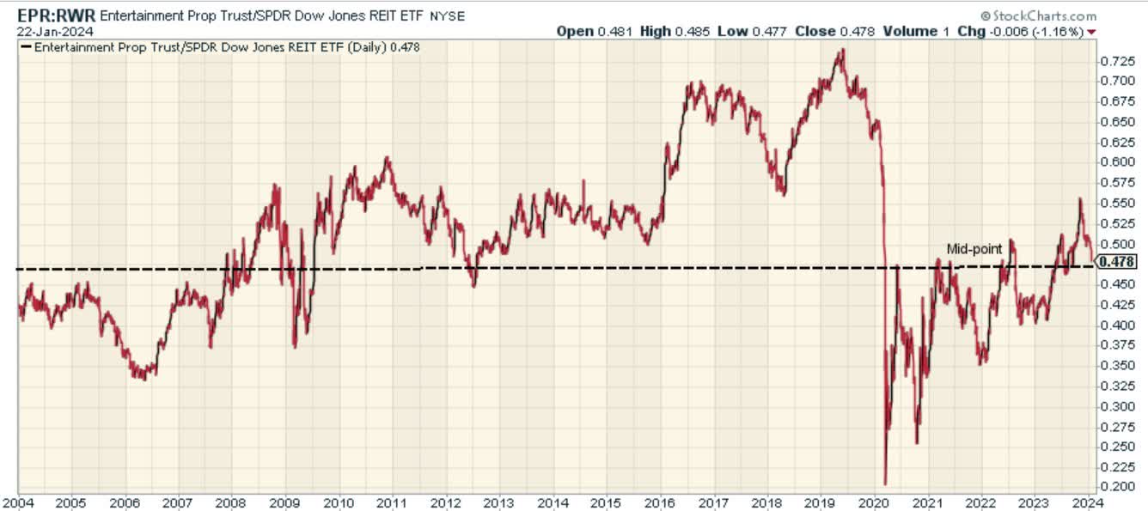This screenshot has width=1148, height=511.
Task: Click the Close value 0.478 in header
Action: (x=858, y=31)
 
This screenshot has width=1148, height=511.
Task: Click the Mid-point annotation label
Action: (x=974, y=248)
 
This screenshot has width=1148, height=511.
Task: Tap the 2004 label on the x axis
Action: (x=18, y=502)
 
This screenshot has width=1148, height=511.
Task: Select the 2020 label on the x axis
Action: (x=874, y=502)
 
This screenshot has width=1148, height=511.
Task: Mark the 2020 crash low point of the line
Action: (x=885, y=484)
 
